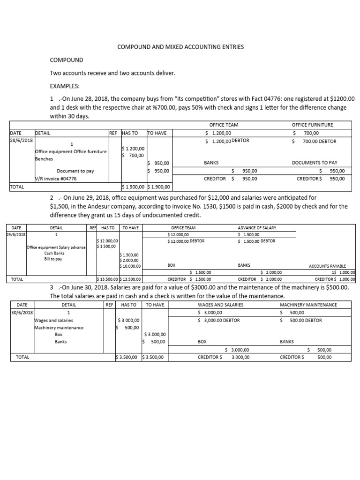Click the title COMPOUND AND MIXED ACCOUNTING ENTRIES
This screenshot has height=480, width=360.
tap(180, 47)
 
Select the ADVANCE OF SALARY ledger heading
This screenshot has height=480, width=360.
tap(257, 228)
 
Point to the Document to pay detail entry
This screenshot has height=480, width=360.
tap(75, 171)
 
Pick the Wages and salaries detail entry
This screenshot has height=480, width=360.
tap(53, 320)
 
